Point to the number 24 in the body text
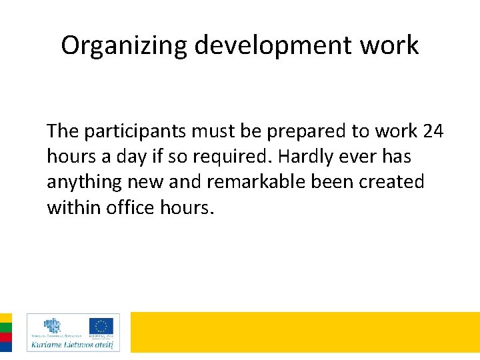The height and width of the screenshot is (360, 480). coord(433,131)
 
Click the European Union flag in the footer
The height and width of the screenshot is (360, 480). coord(101,326)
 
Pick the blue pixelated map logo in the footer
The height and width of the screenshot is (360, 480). coord(51,325)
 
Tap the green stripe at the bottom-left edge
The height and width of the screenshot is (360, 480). coord(5,327)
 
